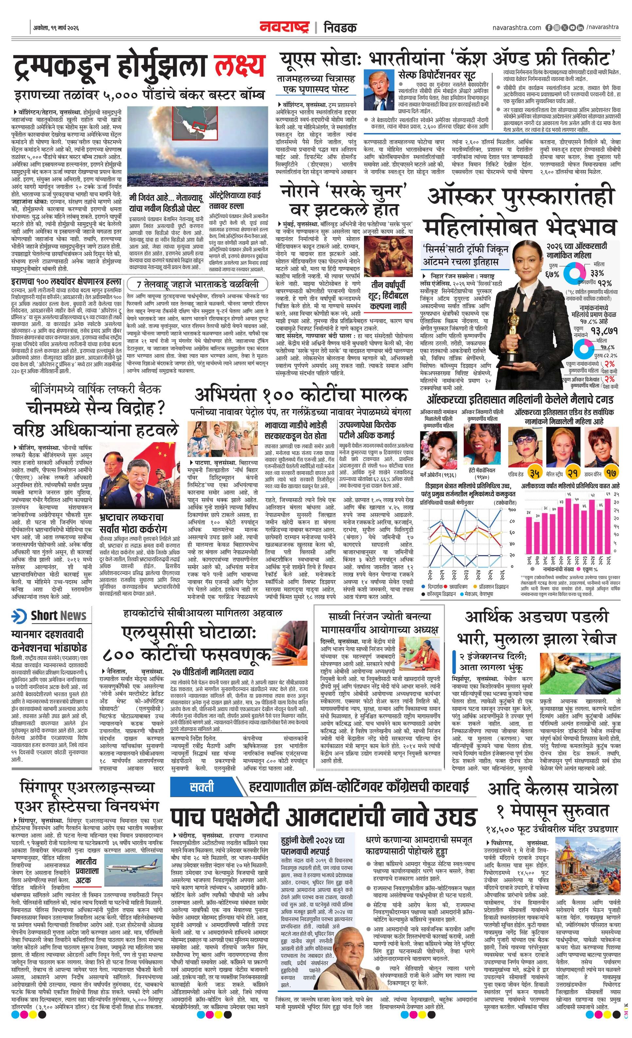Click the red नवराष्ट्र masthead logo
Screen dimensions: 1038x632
coord(284,27)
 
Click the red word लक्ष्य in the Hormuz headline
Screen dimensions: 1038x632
coord(239,66)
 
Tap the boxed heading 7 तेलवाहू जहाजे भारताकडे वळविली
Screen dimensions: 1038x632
coord(198,284)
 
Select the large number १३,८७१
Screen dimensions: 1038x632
coord(603,330)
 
